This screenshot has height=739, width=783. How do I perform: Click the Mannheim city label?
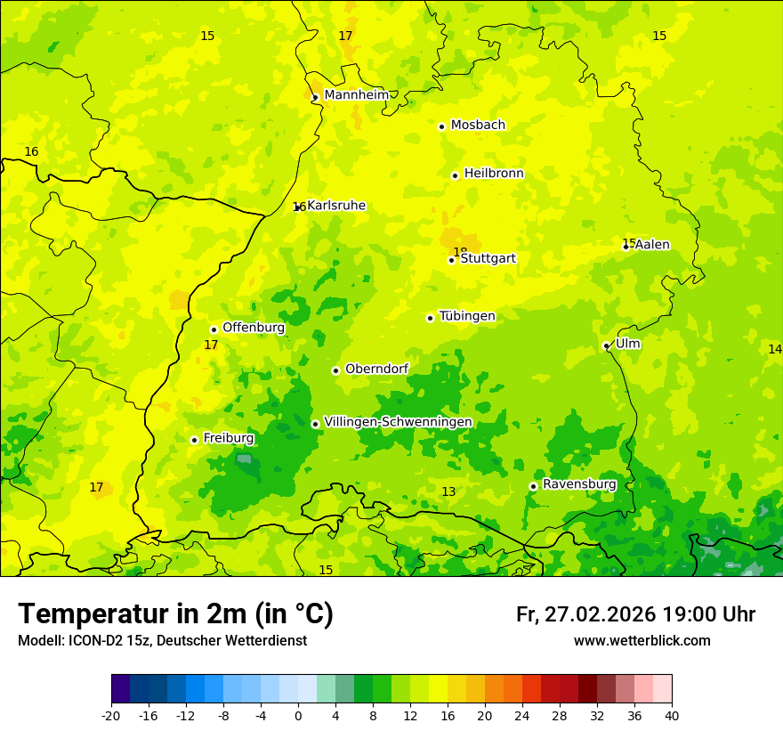pos(356,95)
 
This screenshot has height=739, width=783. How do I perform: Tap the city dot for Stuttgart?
pos(451,260)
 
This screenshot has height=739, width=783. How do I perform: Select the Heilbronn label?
pos(494,174)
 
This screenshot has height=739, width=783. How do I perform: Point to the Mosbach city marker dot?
pos(441,126)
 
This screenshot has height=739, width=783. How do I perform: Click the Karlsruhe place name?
pos(336,206)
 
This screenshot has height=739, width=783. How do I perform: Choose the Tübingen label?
pos(467,316)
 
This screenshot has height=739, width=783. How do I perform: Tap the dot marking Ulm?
pos(606,345)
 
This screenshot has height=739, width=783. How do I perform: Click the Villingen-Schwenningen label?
pos(398,422)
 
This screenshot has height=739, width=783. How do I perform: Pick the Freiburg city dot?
pos(194,440)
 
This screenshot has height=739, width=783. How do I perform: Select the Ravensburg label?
pos(579,484)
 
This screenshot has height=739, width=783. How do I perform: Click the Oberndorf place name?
pos(377,369)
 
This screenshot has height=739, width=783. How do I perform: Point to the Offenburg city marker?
pos(214,329)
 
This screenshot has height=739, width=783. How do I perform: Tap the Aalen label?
pos(652,245)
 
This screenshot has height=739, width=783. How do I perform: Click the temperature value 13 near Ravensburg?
pos(448,492)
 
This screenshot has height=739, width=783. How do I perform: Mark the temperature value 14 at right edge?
pos(774,349)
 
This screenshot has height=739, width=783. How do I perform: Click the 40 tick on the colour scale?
pos(672,716)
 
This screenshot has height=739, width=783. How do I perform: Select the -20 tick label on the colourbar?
pos(111,716)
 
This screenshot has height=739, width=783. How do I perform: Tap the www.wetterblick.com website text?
pos(642,641)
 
